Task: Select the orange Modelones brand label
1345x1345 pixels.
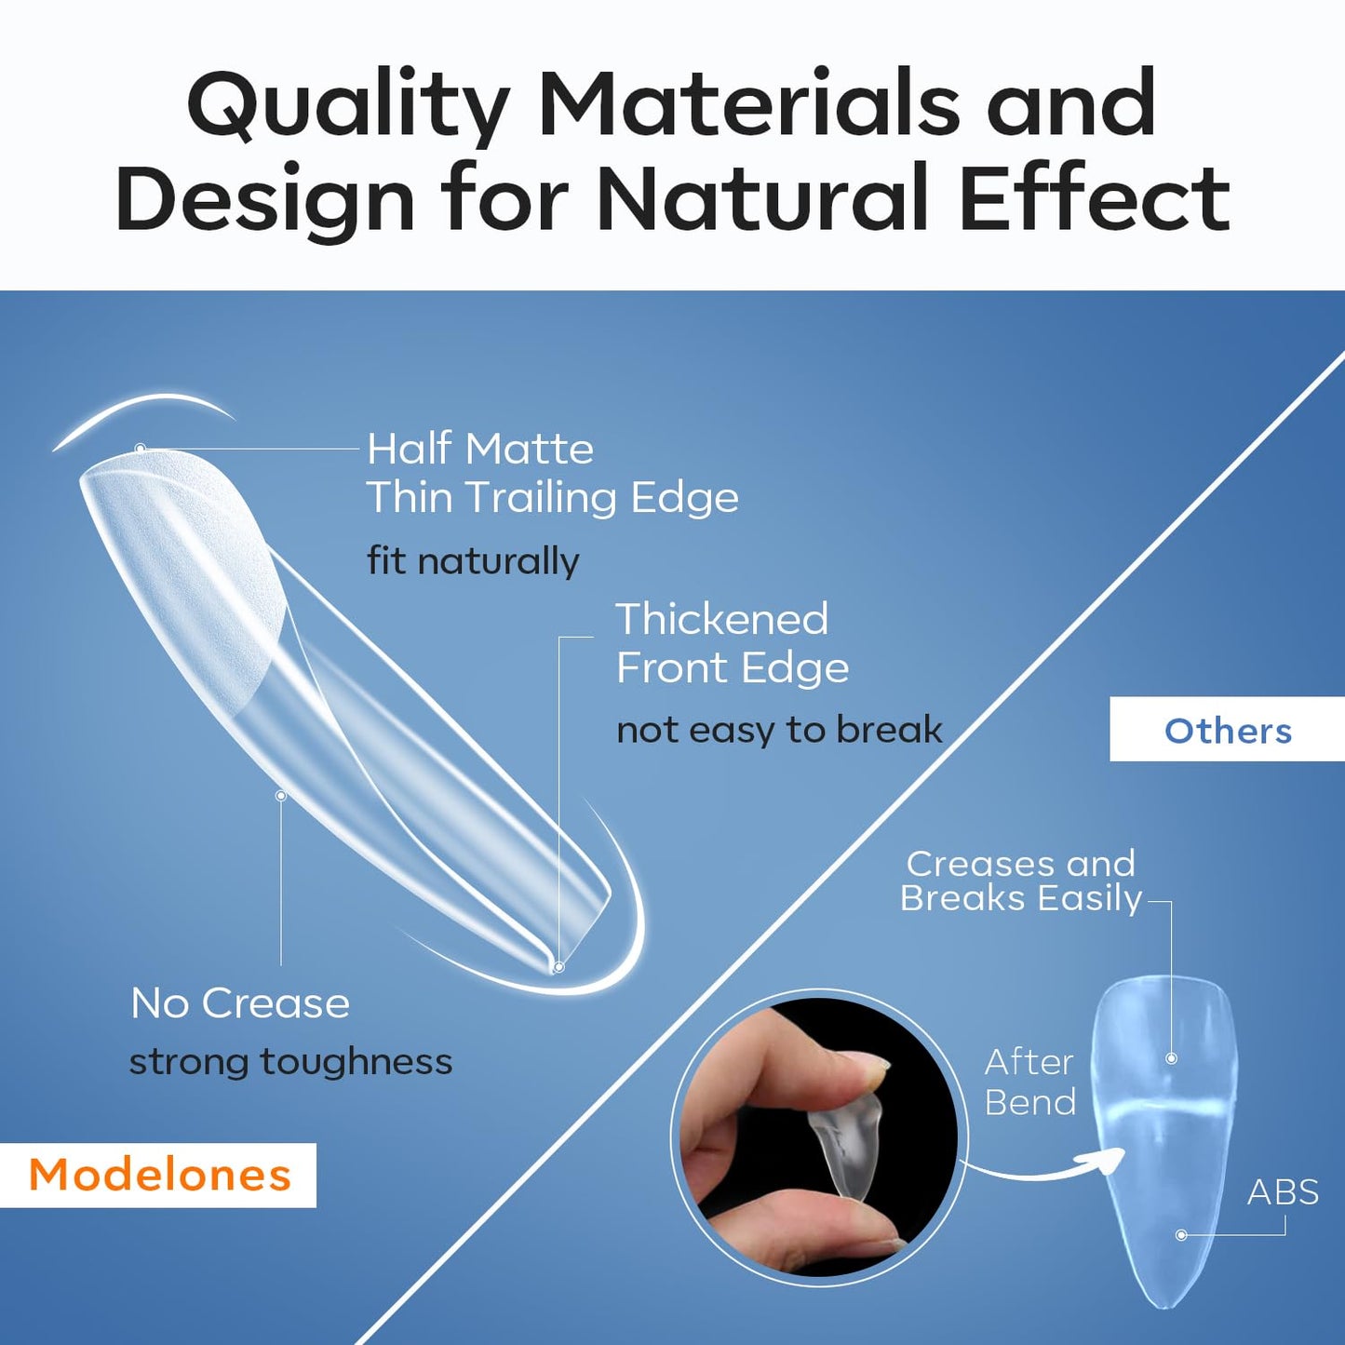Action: pyautogui.click(x=159, y=1175)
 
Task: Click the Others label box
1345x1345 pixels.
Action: pyautogui.click(x=1227, y=731)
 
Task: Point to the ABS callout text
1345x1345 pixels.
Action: pyautogui.click(x=1283, y=1192)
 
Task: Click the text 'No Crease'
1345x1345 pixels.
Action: pyautogui.click(x=240, y=1003)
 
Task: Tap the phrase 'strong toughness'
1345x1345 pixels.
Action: pyautogui.click(x=290, y=1061)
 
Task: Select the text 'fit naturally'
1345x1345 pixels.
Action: pyautogui.click(x=473, y=560)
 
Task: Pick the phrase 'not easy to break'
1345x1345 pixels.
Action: pyautogui.click(x=779, y=730)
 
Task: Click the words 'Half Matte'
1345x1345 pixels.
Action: pyautogui.click(x=480, y=449)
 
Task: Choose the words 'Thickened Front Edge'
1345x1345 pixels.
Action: pyautogui.click(x=732, y=643)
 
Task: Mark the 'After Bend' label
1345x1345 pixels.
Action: pyautogui.click(x=1029, y=1082)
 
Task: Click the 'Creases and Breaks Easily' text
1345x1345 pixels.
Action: pyautogui.click(x=1020, y=881)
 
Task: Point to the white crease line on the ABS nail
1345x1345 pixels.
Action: pyautogui.click(x=1163, y=1110)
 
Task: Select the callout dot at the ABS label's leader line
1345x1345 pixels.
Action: pyautogui.click(x=1181, y=1235)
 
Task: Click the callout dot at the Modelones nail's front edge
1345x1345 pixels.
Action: pyautogui.click(x=558, y=967)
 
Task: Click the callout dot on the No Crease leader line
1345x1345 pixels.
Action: pyautogui.click(x=280, y=796)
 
